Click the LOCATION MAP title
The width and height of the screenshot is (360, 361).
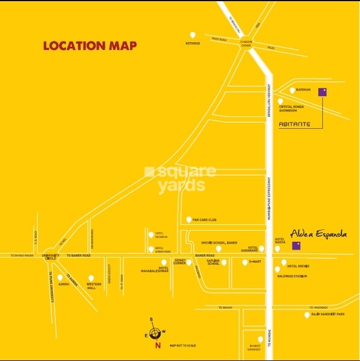click(90, 46)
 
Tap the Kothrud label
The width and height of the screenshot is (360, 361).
click(193, 43)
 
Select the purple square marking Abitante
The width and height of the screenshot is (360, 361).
click(322, 92)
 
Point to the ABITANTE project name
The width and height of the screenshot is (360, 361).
click(296, 124)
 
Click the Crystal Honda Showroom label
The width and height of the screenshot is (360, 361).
click(291, 108)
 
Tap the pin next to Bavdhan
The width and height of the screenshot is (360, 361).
click(293, 90)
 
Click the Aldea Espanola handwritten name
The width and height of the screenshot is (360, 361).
click(318, 233)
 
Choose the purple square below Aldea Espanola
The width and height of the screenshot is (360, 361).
click(296, 245)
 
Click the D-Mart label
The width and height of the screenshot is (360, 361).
click(253, 262)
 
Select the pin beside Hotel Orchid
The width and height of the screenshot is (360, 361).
click(284, 262)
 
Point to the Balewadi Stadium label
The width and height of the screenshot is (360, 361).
click(293, 276)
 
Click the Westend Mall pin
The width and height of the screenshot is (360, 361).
click(92, 278)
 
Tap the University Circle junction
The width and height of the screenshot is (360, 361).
click(51, 256)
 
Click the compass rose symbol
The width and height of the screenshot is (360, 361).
click(156, 333)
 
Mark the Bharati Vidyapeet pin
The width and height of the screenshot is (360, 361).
click(261, 339)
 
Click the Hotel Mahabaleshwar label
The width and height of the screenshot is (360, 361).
click(155, 270)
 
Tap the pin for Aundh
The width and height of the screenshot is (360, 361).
click(60, 277)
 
